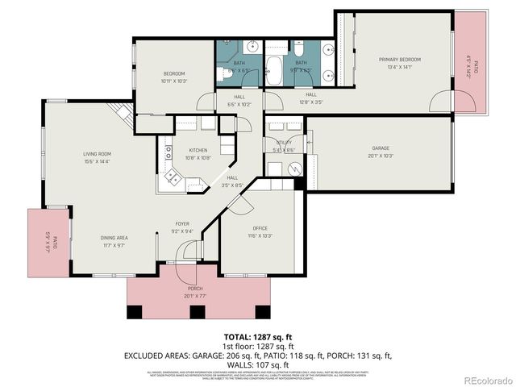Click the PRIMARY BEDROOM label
click(401, 60)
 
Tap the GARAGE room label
click(381, 148)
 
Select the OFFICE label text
click(260, 228)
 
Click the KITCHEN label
click(198, 150)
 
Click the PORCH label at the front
click(195, 288)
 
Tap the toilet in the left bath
click(223, 76)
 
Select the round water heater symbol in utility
click(294, 169)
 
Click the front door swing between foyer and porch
click(187, 254)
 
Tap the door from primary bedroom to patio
click(441, 101)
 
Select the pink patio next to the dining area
click(48, 243)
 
